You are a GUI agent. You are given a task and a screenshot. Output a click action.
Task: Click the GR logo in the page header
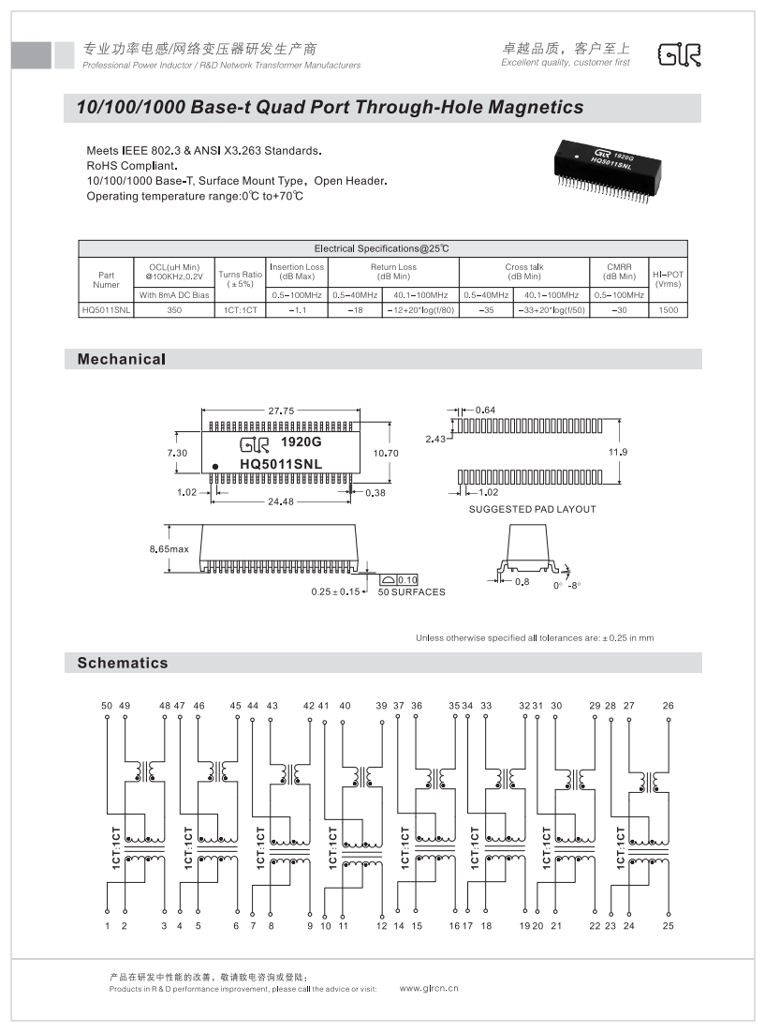pos(681,55)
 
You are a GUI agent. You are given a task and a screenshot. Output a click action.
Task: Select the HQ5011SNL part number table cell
pos(106,309)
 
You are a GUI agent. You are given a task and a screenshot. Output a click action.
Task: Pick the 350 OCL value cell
pos(174,309)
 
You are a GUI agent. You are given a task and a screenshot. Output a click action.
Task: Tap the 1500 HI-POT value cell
pos(668,309)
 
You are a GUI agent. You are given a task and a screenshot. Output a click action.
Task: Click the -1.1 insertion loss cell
pos(297,309)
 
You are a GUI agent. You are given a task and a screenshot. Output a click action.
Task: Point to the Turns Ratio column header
pos(240,278)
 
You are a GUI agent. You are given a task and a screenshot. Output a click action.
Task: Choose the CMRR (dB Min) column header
pos(619,272)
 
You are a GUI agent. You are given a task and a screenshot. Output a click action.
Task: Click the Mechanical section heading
pos(122,359)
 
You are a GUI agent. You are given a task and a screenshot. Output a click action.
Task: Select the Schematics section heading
pos(123,663)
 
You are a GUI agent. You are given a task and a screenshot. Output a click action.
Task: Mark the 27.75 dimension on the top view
pos(281,411)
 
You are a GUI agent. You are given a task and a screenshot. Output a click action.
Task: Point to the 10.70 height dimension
pos(386,453)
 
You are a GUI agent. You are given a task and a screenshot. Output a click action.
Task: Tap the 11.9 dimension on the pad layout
pos(618,453)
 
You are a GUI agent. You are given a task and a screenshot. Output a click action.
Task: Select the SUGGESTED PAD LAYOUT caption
pos(532,510)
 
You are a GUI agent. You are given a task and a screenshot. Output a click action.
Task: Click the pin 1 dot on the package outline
pos(215,466)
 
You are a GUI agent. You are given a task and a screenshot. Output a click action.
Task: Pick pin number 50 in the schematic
pos(107,705)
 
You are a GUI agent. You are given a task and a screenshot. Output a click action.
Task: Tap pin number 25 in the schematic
pos(669,926)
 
